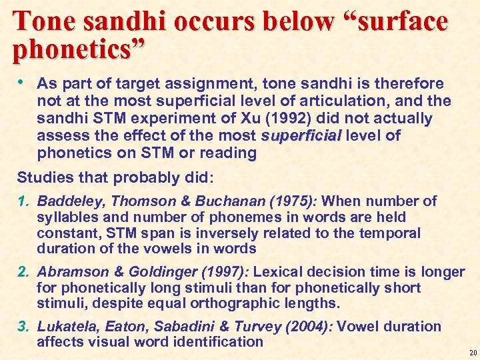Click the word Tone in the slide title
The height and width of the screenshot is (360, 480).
point(41,21)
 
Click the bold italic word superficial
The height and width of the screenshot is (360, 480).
point(301,136)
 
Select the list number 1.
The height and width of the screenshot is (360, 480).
point(23,201)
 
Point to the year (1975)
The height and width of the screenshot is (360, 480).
point(293,201)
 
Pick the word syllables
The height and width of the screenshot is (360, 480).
point(67,217)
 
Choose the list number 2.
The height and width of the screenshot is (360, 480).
point(23,272)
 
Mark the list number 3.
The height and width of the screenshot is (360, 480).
point(23,327)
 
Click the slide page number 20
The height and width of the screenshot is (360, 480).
point(471,353)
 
